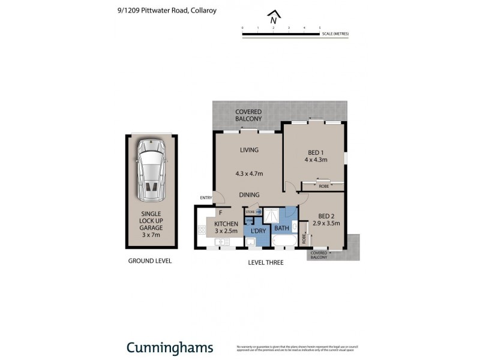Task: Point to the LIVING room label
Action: [x=249, y=150]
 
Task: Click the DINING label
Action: [x=249, y=195]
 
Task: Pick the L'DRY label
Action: [x=258, y=231]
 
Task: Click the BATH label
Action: [x=281, y=229]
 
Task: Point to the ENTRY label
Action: [x=206, y=198]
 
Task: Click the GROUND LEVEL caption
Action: [x=150, y=261]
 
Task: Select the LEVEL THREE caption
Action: [x=266, y=263]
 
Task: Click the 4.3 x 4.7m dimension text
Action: [x=249, y=174]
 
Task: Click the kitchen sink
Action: [x=223, y=242]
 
